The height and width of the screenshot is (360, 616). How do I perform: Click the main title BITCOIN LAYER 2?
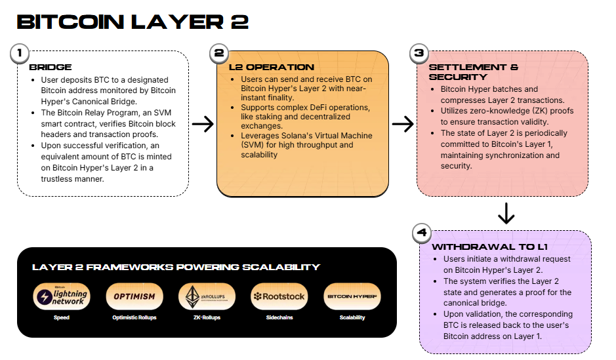click(133, 22)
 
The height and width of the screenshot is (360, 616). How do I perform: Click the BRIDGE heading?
click(51, 67)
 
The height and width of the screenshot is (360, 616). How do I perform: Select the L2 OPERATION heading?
click(271, 67)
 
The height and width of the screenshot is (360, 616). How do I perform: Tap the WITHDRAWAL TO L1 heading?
click(489, 247)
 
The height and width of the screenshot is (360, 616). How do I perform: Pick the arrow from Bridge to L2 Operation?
click(203, 124)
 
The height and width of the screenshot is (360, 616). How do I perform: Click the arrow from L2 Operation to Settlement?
click(402, 124)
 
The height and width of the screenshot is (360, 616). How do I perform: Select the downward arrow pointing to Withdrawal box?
click(506, 213)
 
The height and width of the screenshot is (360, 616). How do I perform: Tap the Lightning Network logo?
click(60, 296)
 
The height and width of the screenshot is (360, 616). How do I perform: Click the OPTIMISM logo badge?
click(134, 296)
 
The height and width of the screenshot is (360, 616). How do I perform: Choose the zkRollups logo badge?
click(207, 296)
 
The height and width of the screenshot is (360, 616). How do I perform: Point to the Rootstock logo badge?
click(279, 296)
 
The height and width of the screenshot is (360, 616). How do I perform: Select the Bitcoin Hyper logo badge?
click(352, 296)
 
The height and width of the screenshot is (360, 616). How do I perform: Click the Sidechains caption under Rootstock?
click(279, 317)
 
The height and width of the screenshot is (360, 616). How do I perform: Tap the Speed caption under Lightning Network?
click(61, 317)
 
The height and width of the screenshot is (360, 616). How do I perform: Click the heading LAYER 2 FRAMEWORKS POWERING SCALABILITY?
click(176, 267)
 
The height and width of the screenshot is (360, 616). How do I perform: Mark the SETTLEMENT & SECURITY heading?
click(473, 71)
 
